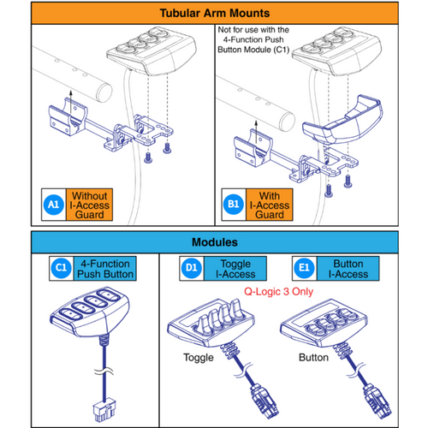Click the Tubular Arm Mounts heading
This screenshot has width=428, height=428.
[214, 15]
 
